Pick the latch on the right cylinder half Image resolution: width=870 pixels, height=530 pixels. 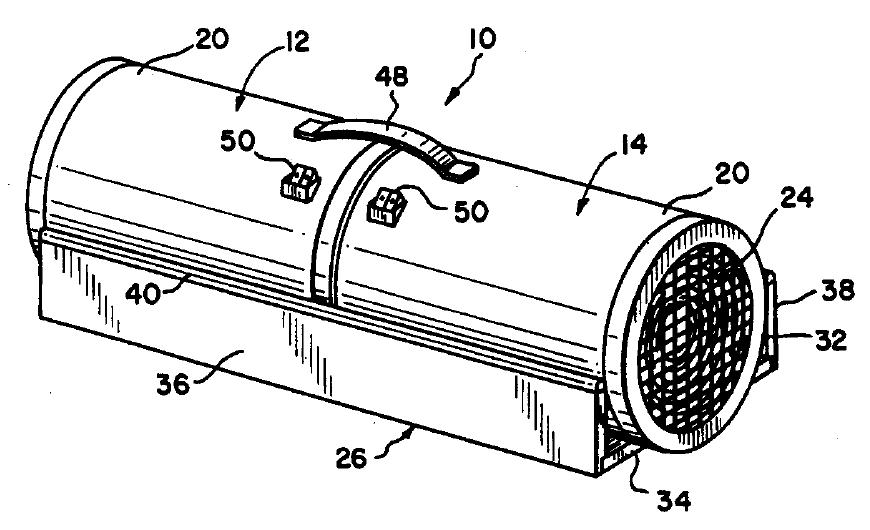pyautogui.click(x=387, y=208)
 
